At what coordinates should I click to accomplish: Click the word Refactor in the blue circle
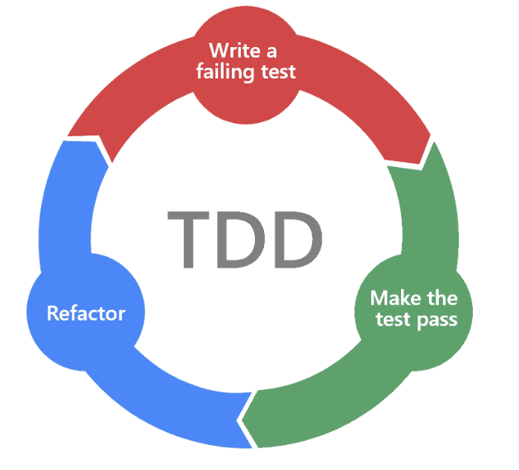click(x=86, y=314)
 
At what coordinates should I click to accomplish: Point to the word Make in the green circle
click(x=391, y=297)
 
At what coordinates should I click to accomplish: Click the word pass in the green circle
click(x=437, y=319)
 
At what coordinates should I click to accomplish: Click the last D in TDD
click(x=295, y=239)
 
